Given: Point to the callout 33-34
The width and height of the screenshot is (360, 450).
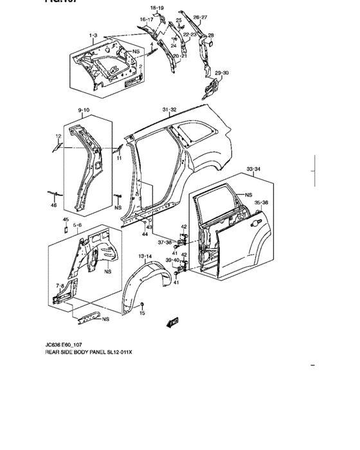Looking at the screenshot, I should [254, 169].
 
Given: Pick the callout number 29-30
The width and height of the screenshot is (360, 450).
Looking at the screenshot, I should [221, 73].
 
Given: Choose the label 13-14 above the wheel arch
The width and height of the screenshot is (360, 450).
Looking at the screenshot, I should [145, 256].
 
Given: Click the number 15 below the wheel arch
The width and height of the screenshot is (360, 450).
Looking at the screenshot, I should [143, 313].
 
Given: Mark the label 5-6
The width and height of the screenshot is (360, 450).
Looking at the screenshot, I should [77, 225].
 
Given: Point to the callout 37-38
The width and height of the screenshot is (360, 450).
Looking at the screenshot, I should [165, 242].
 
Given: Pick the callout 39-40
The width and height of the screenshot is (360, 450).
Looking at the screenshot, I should [172, 260].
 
